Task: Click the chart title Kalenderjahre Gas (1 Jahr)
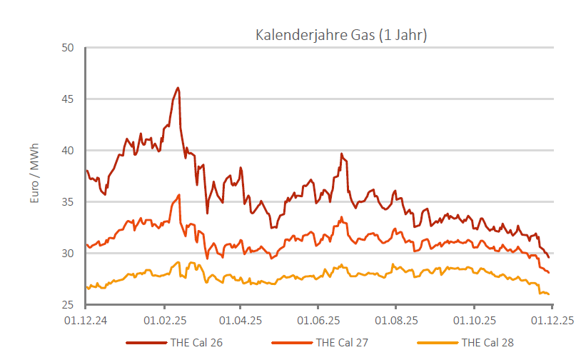(341, 35)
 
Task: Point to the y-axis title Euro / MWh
(34, 174)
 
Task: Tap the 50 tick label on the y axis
(68, 48)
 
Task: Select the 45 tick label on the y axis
(68, 99)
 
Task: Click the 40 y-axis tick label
(68, 151)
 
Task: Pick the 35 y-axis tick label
(68, 202)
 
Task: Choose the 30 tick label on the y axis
(68, 254)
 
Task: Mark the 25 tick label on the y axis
(68, 305)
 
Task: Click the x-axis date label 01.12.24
(86, 321)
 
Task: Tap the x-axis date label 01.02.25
(164, 321)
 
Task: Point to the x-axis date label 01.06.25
(319, 321)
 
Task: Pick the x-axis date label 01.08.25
(397, 321)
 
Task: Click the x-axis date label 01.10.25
(475, 321)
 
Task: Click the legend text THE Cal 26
(196, 342)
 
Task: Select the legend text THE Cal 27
(342, 342)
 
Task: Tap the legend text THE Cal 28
(487, 342)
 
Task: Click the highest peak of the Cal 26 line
(178, 88)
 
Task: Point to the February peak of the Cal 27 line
(179, 194)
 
